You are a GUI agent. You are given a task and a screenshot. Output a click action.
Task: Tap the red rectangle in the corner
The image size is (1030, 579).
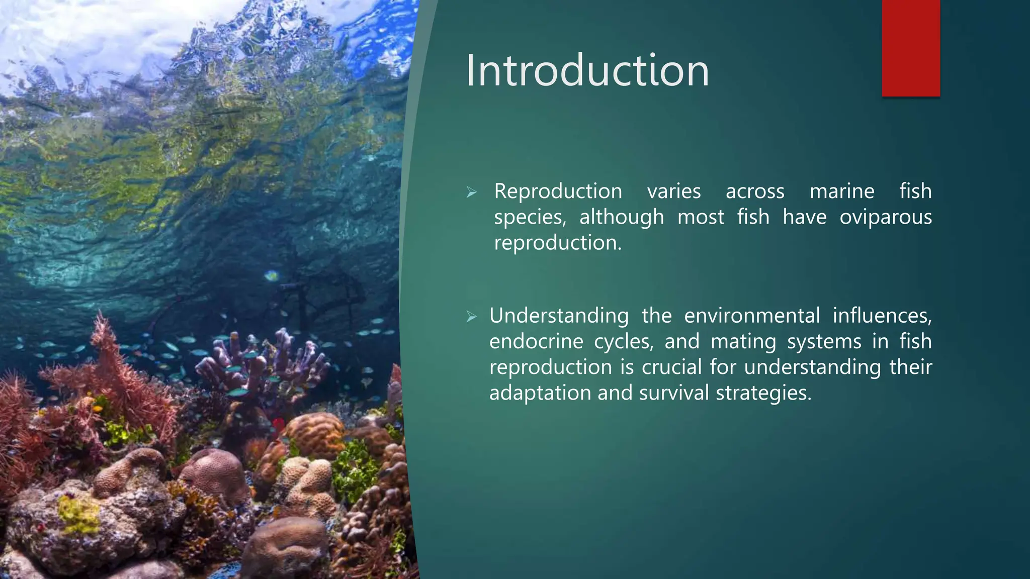[x=910, y=48]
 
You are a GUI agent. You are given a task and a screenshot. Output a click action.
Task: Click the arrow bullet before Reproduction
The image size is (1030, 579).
[x=471, y=192]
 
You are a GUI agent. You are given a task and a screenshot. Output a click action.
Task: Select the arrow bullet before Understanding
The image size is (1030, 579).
[x=471, y=317]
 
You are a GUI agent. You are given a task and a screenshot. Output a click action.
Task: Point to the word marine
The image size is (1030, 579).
[x=842, y=191]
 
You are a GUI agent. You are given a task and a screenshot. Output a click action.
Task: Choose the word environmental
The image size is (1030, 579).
[x=751, y=316]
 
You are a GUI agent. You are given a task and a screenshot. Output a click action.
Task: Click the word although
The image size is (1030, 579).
[x=622, y=217]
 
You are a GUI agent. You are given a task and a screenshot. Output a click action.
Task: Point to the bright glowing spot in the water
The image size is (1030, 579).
[x=272, y=275]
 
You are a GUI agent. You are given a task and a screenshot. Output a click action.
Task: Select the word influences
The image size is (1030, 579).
[x=882, y=316]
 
